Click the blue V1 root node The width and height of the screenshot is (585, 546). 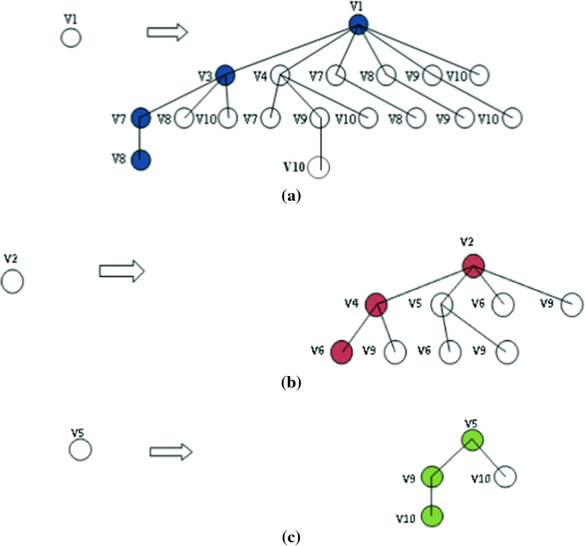click(x=359, y=26)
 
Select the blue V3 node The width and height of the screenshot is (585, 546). click(x=225, y=75)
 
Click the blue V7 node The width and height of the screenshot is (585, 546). click(x=141, y=117)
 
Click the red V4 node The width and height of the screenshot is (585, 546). click(x=376, y=303)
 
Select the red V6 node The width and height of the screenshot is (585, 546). click(x=342, y=351)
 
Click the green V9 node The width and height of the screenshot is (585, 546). click(x=432, y=476)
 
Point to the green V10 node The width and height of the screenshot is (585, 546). click(x=432, y=516)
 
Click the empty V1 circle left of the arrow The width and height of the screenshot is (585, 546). click(x=70, y=38)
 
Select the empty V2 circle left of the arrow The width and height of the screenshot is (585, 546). click(x=13, y=280)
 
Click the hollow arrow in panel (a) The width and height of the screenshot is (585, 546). click(x=167, y=32)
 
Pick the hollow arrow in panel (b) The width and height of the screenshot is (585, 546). click(x=121, y=272)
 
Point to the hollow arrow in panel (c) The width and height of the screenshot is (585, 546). click(x=170, y=450)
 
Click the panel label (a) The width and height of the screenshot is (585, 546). click(x=291, y=196)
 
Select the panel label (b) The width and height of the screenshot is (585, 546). click(x=291, y=384)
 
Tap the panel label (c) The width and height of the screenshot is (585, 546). click(x=291, y=537)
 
